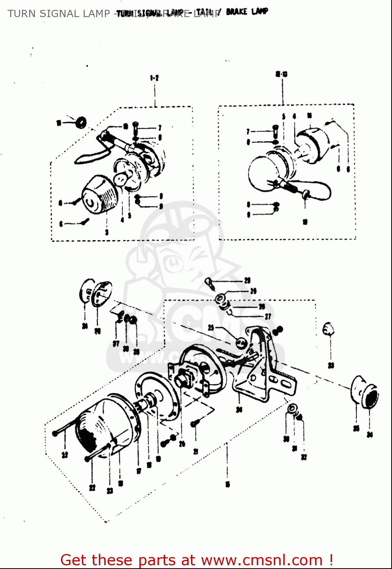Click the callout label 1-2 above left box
(x=154, y=78)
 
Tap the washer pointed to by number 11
(x=81, y=123)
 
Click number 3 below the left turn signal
(x=107, y=232)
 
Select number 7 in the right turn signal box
(x=248, y=132)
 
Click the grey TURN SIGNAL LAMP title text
(x=59, y=14)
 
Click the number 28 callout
(x=247, y=281)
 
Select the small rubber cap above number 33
(x=328, y=329)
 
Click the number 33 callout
(x=331, y=365)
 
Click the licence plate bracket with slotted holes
(x=265, y=376)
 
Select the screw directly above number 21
(x=195, y=423)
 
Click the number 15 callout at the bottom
(x=227, y=484)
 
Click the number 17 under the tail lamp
(x=139, y=471)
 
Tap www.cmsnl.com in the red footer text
(x=262, y=560)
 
